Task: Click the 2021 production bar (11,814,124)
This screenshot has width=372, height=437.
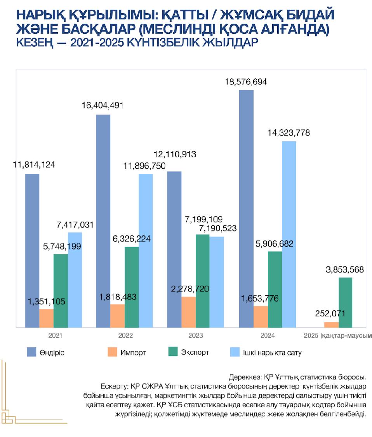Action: (32, 250)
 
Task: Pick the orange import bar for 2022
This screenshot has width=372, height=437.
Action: (117, 316)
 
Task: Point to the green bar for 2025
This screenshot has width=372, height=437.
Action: (345, 302)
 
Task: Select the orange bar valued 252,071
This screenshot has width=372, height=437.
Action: (331, 324)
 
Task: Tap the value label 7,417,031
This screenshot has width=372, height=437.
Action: (75, 225)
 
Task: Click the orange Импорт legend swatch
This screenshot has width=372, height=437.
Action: (111, 352)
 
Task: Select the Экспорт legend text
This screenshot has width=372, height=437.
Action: (195, 352)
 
